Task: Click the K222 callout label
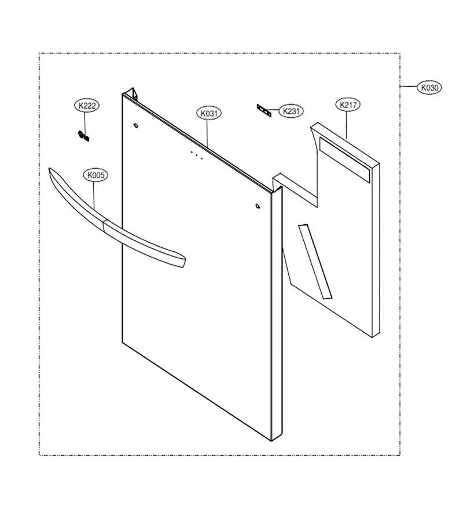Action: [87, 106]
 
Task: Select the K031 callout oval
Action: [209, 113]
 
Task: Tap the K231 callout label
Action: [291, 111]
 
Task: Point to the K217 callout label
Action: [348, 105]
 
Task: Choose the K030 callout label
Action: [430, 88]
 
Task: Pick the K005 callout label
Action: [95, 174]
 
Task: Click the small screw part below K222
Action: [83, 136]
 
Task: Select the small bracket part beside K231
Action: [264, 111]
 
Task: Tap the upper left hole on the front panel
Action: [135, 126]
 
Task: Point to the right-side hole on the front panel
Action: [258, 206]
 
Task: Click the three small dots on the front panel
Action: [197, 155]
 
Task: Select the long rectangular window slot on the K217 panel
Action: [344, 160]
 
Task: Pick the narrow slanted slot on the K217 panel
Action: [315, 261]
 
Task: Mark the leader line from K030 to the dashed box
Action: [409, 87]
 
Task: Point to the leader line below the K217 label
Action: [347, 125]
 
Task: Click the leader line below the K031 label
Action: [208, 133]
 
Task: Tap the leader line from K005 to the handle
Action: [94, 195]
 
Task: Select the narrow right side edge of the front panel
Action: [277, 314]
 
